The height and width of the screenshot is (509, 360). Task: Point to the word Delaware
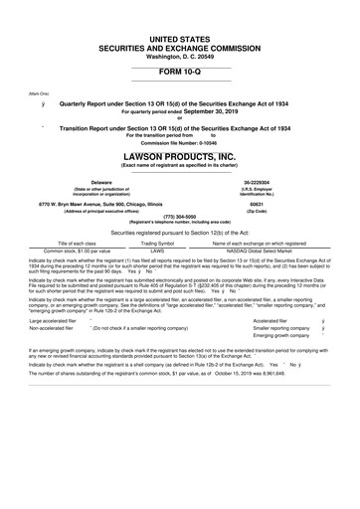[x=101, y=182]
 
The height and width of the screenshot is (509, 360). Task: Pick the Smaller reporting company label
[x=288, y=358]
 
